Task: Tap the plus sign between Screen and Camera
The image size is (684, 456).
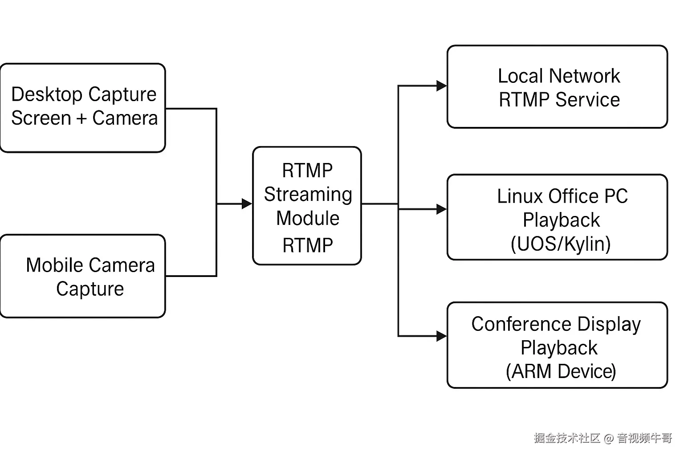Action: (x=81, y=118)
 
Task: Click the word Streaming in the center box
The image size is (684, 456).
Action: (x=308, y=195)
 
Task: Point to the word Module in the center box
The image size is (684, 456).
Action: (x=308, y=218)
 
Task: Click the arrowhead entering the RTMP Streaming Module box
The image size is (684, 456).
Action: (x=247, y=204)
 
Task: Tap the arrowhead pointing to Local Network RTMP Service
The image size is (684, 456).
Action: (x=442, y=86)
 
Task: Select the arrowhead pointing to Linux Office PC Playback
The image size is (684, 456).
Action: (x=442, y=209)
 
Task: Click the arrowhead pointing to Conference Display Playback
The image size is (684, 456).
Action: (x=442, y=336)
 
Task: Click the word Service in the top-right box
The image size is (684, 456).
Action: (x=587, y=100)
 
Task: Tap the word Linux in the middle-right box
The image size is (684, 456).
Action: (x=520, y=196)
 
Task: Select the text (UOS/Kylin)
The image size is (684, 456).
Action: (x=561, y=244)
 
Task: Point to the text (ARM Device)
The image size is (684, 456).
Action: (x=561, y=371)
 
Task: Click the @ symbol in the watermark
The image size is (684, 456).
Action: (x=609, y=438)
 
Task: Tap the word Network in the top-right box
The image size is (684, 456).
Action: (x=584, y=76)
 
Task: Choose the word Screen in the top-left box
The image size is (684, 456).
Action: (x=41, y=118)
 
